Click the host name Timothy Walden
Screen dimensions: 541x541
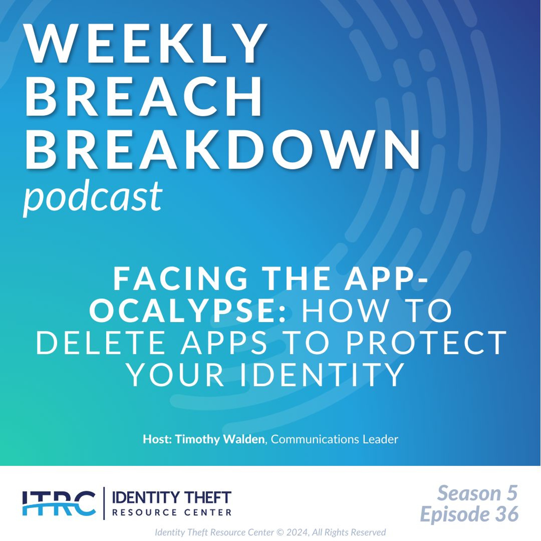(x=219, y=439)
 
